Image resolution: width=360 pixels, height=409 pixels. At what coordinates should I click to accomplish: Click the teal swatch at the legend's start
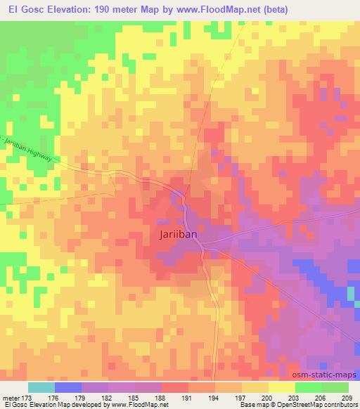point(41,387)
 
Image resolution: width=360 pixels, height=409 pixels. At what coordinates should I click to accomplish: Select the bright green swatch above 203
point(308,387)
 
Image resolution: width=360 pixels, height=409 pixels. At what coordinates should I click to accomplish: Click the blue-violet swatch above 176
point(68,387)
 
